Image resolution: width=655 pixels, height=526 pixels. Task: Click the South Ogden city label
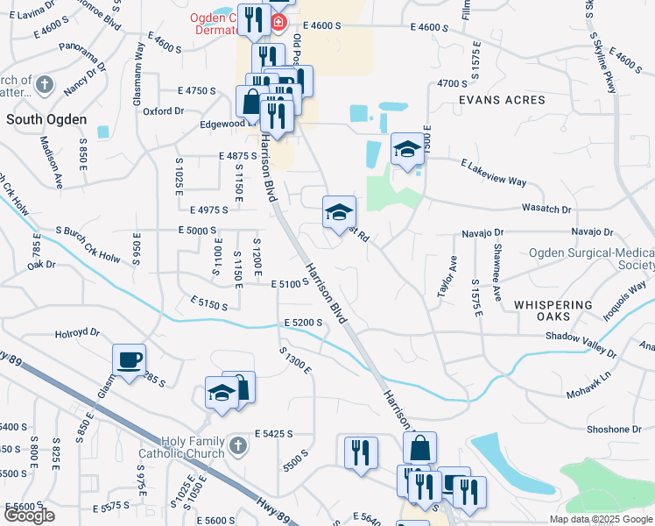[x=46, y=118]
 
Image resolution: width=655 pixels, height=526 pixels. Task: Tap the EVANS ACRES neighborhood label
[x=502, y=100]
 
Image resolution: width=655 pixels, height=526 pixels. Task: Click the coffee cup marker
[x=130, y=359]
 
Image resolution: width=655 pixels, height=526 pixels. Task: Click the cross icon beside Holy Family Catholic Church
[x=235, y=448]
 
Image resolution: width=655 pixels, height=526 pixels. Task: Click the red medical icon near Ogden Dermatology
[x=278, y=21]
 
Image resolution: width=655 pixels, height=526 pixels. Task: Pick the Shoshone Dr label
[x=612, y=430]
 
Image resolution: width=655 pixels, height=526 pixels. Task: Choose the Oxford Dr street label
[x=163, y=111]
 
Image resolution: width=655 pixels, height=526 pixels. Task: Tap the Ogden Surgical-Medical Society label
[x=591, y=259]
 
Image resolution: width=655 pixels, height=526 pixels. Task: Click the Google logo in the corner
[x=29, y=515]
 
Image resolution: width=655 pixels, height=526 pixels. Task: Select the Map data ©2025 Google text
[x=600, y=519]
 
